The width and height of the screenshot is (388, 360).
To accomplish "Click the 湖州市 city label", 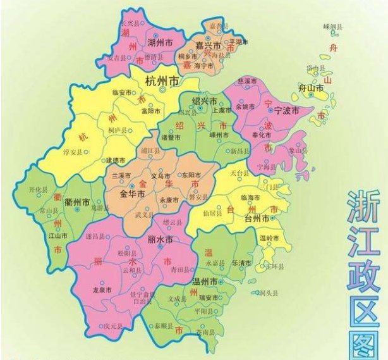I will click(160, 43).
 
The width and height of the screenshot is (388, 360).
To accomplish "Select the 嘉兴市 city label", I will click(207, 47).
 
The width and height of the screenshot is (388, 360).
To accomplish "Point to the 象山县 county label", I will click(298, 151).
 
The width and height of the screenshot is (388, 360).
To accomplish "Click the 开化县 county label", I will click(40, 189).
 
